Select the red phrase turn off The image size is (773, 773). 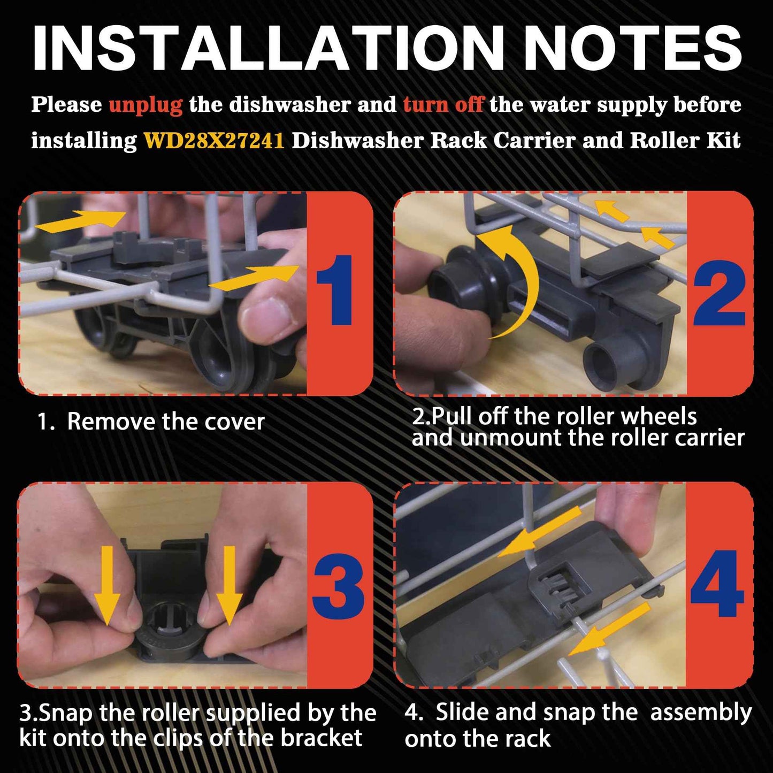pyautogui.click(x=443, y=104)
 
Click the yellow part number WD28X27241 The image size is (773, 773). pyautogui.click(x=214, y=141)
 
